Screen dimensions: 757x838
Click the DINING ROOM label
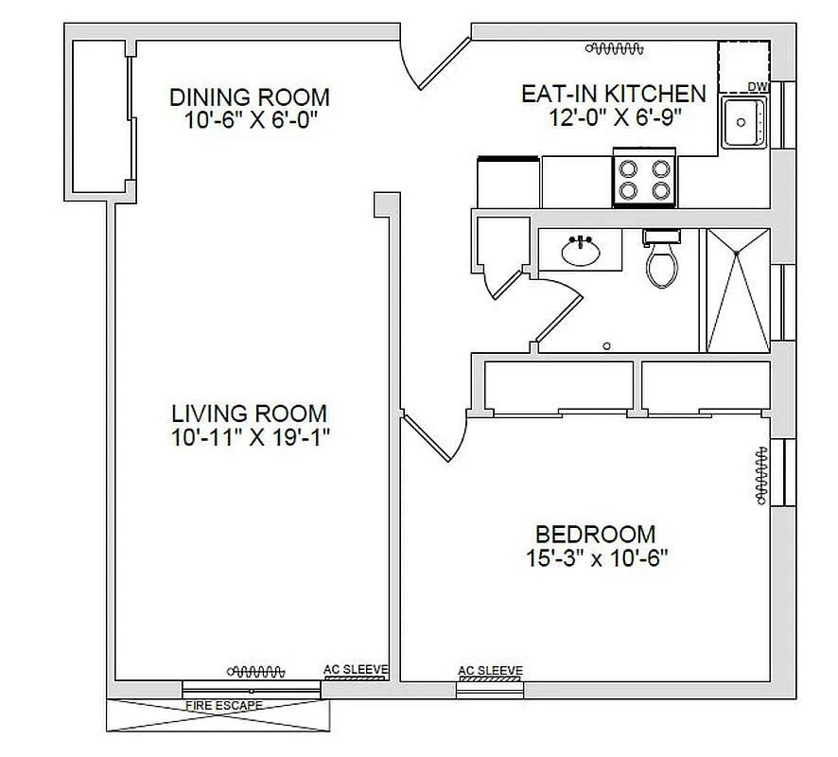[249, 97]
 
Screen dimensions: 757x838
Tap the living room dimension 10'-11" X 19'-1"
[249, 437]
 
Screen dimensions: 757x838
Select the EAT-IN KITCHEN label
[614, 94]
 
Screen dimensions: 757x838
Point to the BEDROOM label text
[595, 534]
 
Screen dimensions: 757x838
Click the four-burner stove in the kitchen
[645, 180]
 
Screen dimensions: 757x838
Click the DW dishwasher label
[757, 87]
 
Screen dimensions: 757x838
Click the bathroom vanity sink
[581, 252]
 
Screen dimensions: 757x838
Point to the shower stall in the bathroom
[737, 291]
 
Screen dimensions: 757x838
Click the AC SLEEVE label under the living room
[356, 669]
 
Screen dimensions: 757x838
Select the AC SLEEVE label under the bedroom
[489, 671]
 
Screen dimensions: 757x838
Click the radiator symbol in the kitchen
[615, 47]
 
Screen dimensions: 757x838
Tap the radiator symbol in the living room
[258, 671]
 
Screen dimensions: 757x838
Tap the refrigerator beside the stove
[510, 180]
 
